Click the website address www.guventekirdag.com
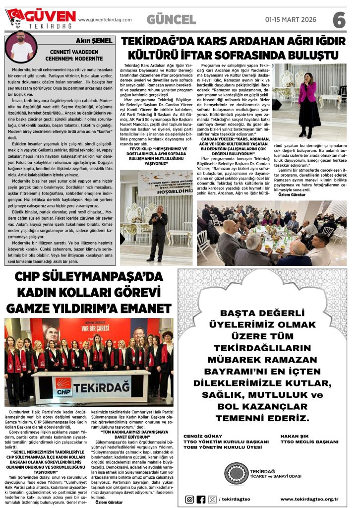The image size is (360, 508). pyautogui.click(x=105, y=20)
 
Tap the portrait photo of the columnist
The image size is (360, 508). pyautogui.click(x=21, y=47)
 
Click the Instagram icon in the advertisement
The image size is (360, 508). pyautogui.click(x=189, y=499)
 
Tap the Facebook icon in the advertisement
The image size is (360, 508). pyautogui.click(x=201, y=499)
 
